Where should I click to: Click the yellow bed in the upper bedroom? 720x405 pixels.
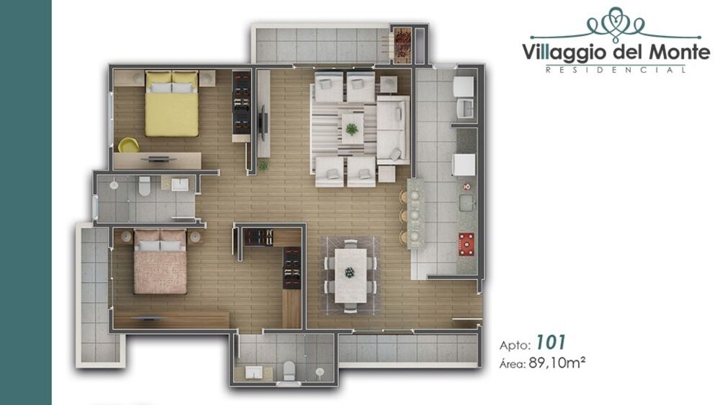(171, 109)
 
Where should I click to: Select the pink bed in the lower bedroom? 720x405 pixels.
(161, 265)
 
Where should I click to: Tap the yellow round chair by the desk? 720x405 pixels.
(128, 145)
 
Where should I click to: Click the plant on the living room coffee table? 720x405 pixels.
(351, 129)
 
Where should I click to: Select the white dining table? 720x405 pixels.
(349, 273)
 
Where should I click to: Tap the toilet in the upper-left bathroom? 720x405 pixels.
(144, 186)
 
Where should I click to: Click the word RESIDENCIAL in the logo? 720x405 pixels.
(615, 70)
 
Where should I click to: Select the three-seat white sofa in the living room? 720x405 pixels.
(393, 129)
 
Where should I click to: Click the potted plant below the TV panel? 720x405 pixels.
(263, 165)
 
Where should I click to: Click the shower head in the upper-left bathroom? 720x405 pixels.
(113, 186)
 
